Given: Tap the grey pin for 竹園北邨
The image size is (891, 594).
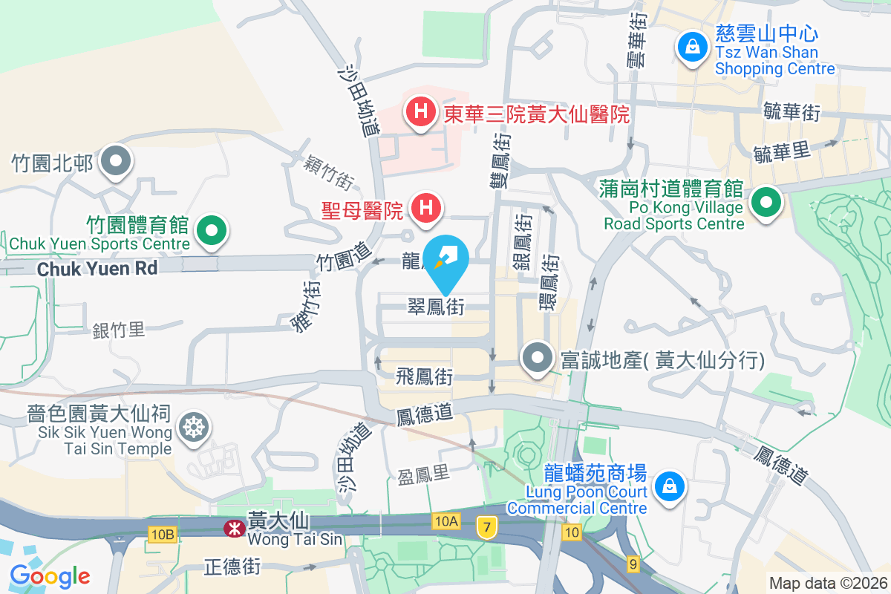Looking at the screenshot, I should pos(116,161).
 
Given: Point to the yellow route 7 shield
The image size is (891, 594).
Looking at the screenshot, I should pos(486,526).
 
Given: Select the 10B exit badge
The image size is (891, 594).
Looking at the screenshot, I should pos(163,533).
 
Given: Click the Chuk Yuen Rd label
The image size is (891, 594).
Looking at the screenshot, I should pos(97,268).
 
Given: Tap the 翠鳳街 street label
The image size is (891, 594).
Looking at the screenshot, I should pos(436,306).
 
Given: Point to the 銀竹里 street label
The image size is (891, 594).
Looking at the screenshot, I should pos(119,330).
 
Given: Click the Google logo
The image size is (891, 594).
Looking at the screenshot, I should pos(50,575).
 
